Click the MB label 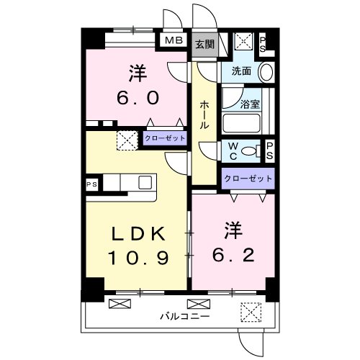(x=173, y=40)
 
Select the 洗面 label (x=240, y=71)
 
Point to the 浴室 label (x=250, y=103)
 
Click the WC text (x=233, y=150)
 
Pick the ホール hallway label (x=204, y=114)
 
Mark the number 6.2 (x=232, y=255)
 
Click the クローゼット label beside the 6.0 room (x=164, y=138)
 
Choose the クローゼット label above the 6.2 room (x=248, y=178)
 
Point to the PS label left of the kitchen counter (x=92, y=184)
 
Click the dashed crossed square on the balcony (x=250, y=312)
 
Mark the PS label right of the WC (x=270, y=150)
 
